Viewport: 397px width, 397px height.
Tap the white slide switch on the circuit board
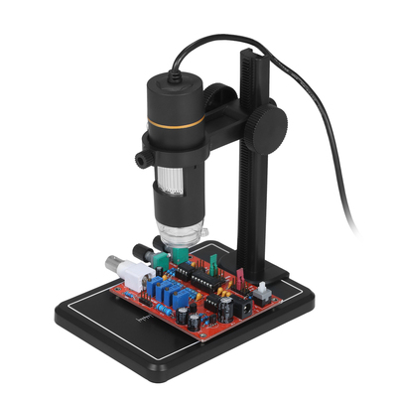[x=262, y=292]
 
